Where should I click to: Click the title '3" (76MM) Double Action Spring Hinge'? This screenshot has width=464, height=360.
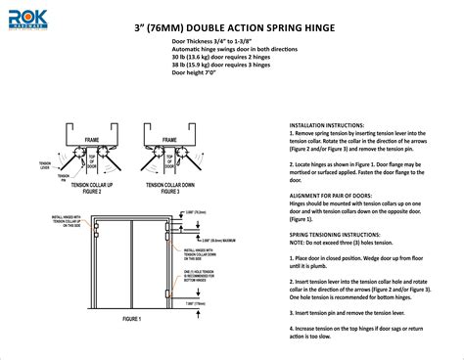point(231,26)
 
